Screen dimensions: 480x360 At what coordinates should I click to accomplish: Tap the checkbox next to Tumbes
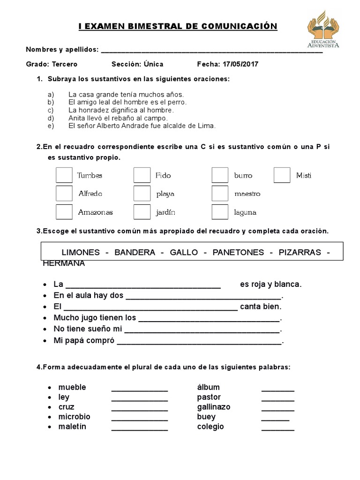click(64, 175)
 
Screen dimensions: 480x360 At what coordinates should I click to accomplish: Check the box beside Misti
click(282, 175)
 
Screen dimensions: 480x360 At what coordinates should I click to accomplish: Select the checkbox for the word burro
click(220, 175)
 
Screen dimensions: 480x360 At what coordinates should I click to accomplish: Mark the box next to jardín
click(142, 212)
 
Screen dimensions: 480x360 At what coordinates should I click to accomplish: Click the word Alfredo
click(90, 194)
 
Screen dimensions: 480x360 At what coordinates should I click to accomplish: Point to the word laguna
click(245, 212)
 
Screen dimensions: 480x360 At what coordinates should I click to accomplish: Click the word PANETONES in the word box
click(238, 252)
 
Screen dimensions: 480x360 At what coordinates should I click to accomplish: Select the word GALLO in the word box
click(184, 252)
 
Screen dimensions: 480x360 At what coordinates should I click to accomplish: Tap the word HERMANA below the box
click(64, 263)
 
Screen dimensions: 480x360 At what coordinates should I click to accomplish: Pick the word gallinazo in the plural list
click(214, 407)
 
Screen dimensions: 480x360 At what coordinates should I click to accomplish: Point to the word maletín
click(72, 427)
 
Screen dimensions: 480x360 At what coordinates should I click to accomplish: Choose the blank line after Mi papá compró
click(199, 343)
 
